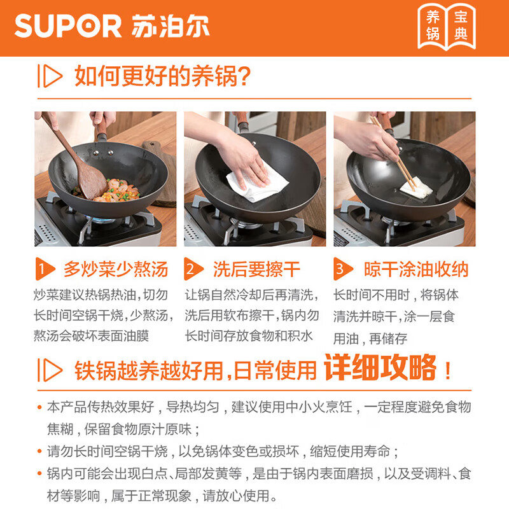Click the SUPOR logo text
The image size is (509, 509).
click(x=67, y=27)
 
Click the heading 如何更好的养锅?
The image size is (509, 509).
click(x=163, y=77)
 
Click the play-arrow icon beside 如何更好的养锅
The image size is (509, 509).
click(x=50, y=77)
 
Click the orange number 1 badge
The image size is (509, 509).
click(x=43, y=269)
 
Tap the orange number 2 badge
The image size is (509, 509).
click(x=192, y=269)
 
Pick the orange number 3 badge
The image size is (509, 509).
click(x=341, y=269)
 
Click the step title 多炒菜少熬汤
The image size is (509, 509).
click(x=115, y=269)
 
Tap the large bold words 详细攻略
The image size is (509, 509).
click(x=380, y=368)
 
